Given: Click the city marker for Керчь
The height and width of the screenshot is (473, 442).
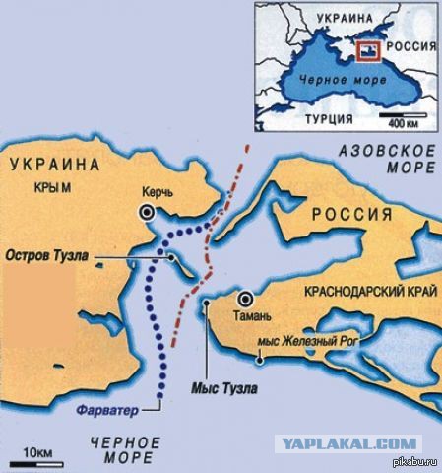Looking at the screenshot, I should [148, 212].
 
